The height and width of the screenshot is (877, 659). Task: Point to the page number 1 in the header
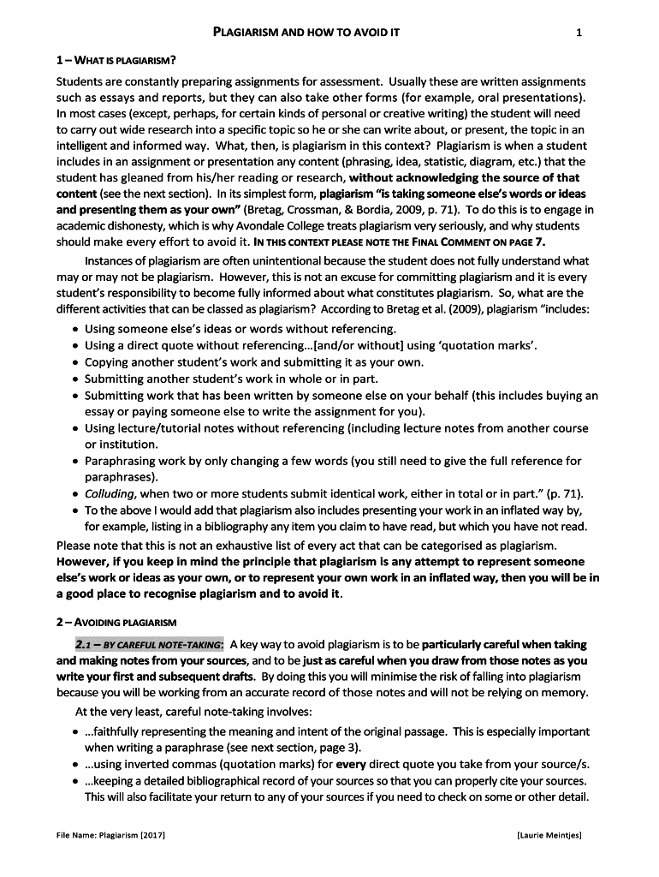[x=579, y=33]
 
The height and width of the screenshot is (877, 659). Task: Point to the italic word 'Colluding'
[x=110, y=494]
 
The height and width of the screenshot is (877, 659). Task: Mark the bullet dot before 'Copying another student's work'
[x=76, y=363]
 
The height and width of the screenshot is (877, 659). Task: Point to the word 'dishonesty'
[x=148, y=226]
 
